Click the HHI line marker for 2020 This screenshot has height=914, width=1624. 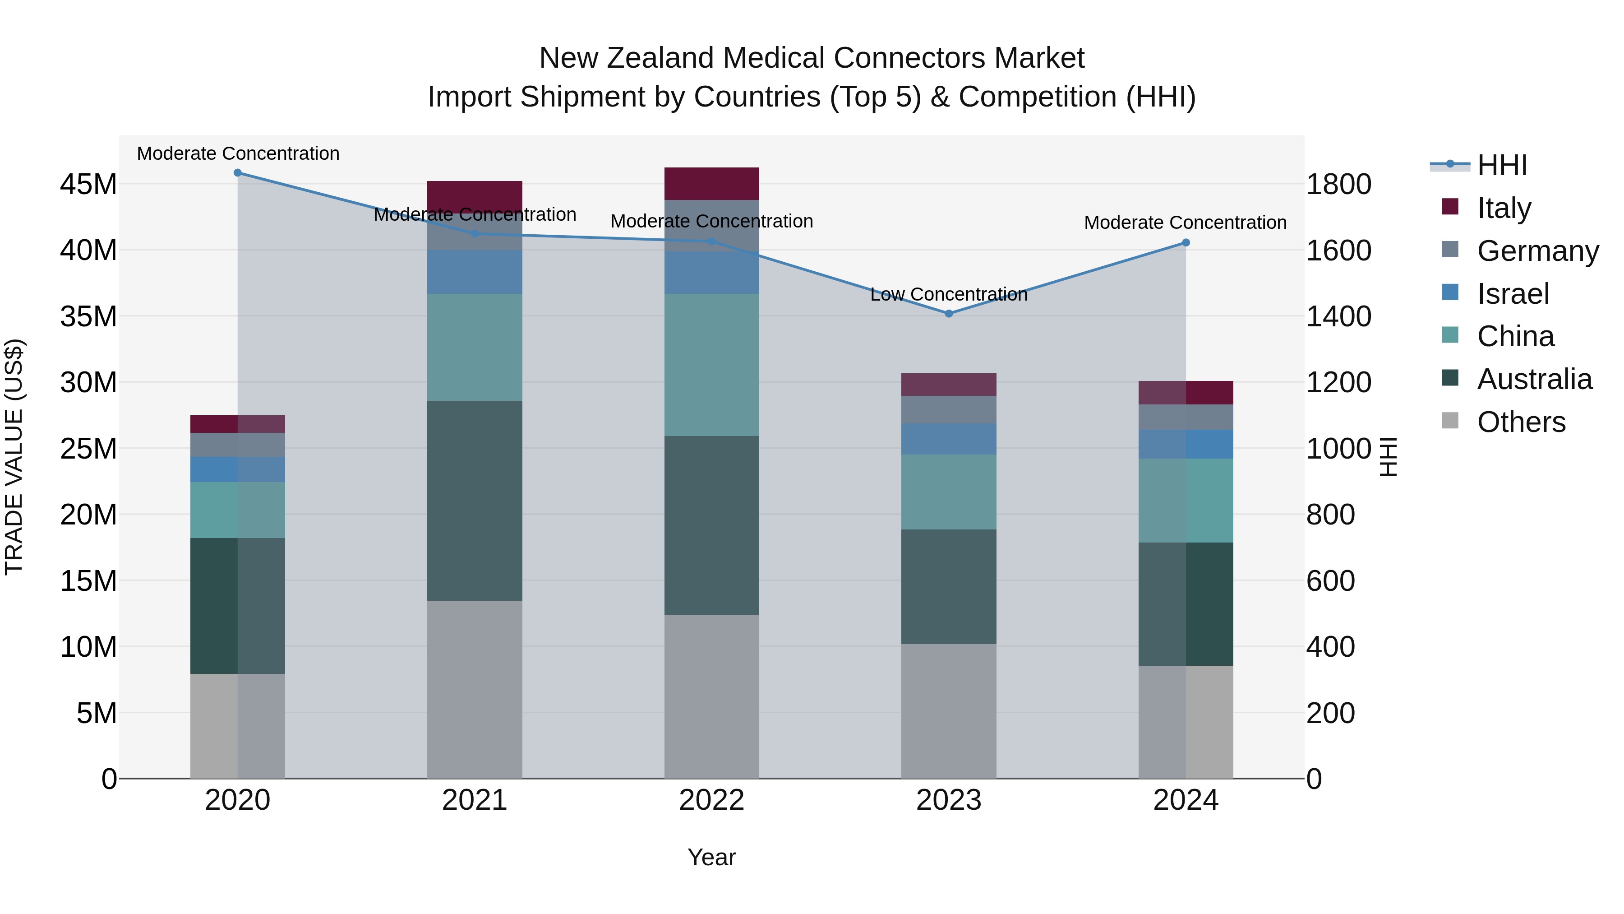[238, 173]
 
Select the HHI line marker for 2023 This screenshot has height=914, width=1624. [949, 314]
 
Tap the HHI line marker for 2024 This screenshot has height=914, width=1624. [1186, 243]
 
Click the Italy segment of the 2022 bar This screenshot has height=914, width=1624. [712, 184]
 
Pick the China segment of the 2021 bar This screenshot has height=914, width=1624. [475, 347]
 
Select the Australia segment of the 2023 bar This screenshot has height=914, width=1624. [949, 587]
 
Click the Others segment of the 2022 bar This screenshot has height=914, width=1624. [712, 696]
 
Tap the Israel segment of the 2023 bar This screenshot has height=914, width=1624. [949, 439]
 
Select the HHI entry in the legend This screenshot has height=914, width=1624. [1502, 165]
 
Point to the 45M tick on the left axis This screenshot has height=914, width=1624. [88, 185]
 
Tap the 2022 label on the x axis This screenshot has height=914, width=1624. [712, 800]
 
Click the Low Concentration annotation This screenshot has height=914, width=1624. [949, 295]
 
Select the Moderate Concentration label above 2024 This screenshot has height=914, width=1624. [1185, 223]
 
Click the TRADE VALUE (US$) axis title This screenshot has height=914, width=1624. [14, 457]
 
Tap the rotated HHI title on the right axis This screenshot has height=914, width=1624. [1389, 457]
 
